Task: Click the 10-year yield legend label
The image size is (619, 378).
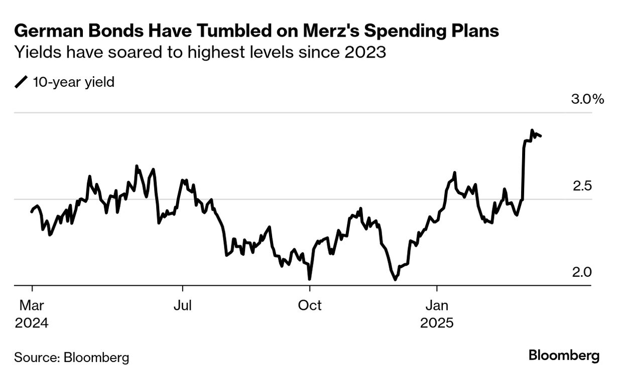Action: [73, 81]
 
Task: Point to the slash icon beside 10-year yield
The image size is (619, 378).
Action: [22, 82]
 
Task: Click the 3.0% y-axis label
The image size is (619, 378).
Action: [587, 99]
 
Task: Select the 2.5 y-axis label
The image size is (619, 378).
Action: [582, 186]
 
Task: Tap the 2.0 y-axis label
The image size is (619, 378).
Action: [582, 272]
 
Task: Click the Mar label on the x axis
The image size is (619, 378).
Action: [32, 305]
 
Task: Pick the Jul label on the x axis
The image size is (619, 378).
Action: [182, 305]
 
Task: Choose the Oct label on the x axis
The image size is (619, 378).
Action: [310, 305]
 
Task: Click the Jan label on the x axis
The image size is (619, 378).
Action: [437, 305]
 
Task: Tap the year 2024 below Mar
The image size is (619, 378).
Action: [32, 322]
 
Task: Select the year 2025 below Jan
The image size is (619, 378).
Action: [437, 322]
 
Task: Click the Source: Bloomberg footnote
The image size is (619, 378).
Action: [72, 357]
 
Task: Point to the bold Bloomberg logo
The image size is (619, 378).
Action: [564, 356]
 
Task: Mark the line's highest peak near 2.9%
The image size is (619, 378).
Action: [532, 130]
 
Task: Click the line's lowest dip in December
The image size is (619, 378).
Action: [395, 279]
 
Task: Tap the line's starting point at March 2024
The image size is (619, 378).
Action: [32, 212]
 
